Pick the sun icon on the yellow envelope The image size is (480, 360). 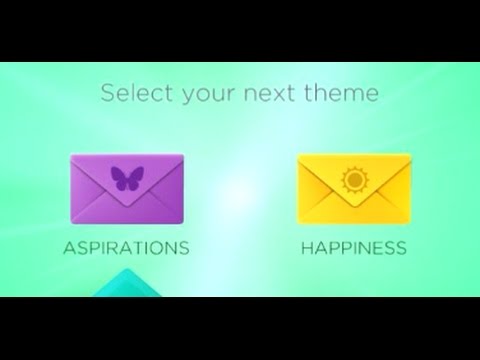pos(354,180)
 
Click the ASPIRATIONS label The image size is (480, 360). pos(127,247)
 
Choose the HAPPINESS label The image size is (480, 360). pos(354,247)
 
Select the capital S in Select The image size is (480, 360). pos(106,94)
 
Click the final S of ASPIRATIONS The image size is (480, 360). pos(184,247)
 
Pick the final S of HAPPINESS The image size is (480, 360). pos(401,247)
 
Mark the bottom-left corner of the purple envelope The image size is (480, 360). pos(72,222)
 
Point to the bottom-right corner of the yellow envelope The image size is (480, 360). pos(408,222)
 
